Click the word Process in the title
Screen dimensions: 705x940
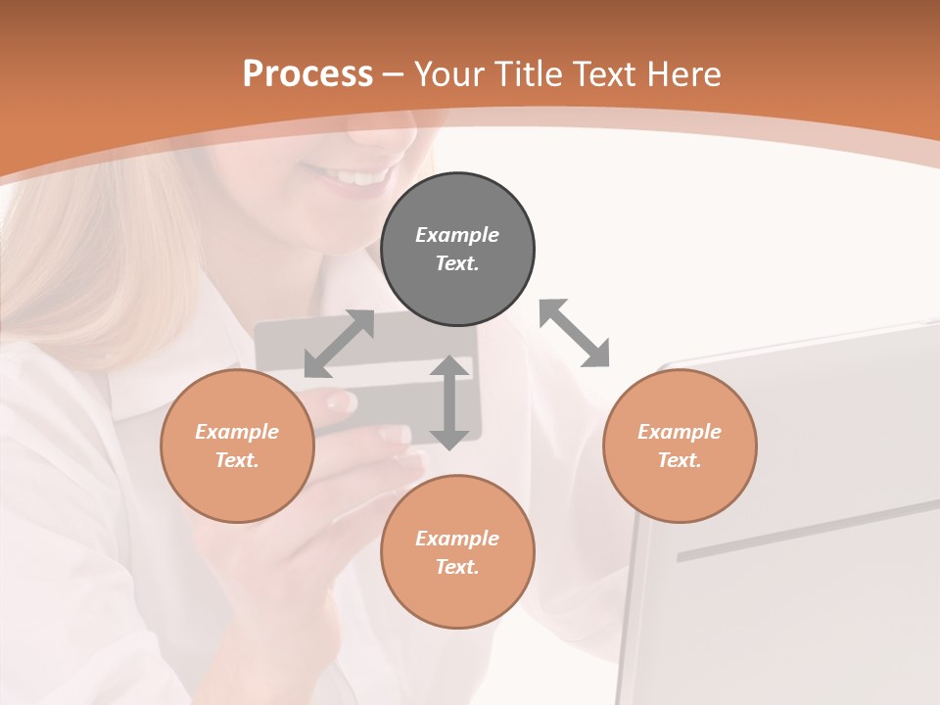pos(307,74)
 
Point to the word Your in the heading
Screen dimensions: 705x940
pos(450,74)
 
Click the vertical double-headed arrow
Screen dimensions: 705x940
pos(449,402)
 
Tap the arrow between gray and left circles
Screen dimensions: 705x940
pos(339,343)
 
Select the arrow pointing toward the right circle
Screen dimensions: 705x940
pos(575,333)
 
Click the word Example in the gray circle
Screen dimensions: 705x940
pos(457,235)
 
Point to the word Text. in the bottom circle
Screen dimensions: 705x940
pos(457,567)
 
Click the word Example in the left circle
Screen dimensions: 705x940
pos(237,432)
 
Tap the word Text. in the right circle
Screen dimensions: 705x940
pos(680,460)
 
